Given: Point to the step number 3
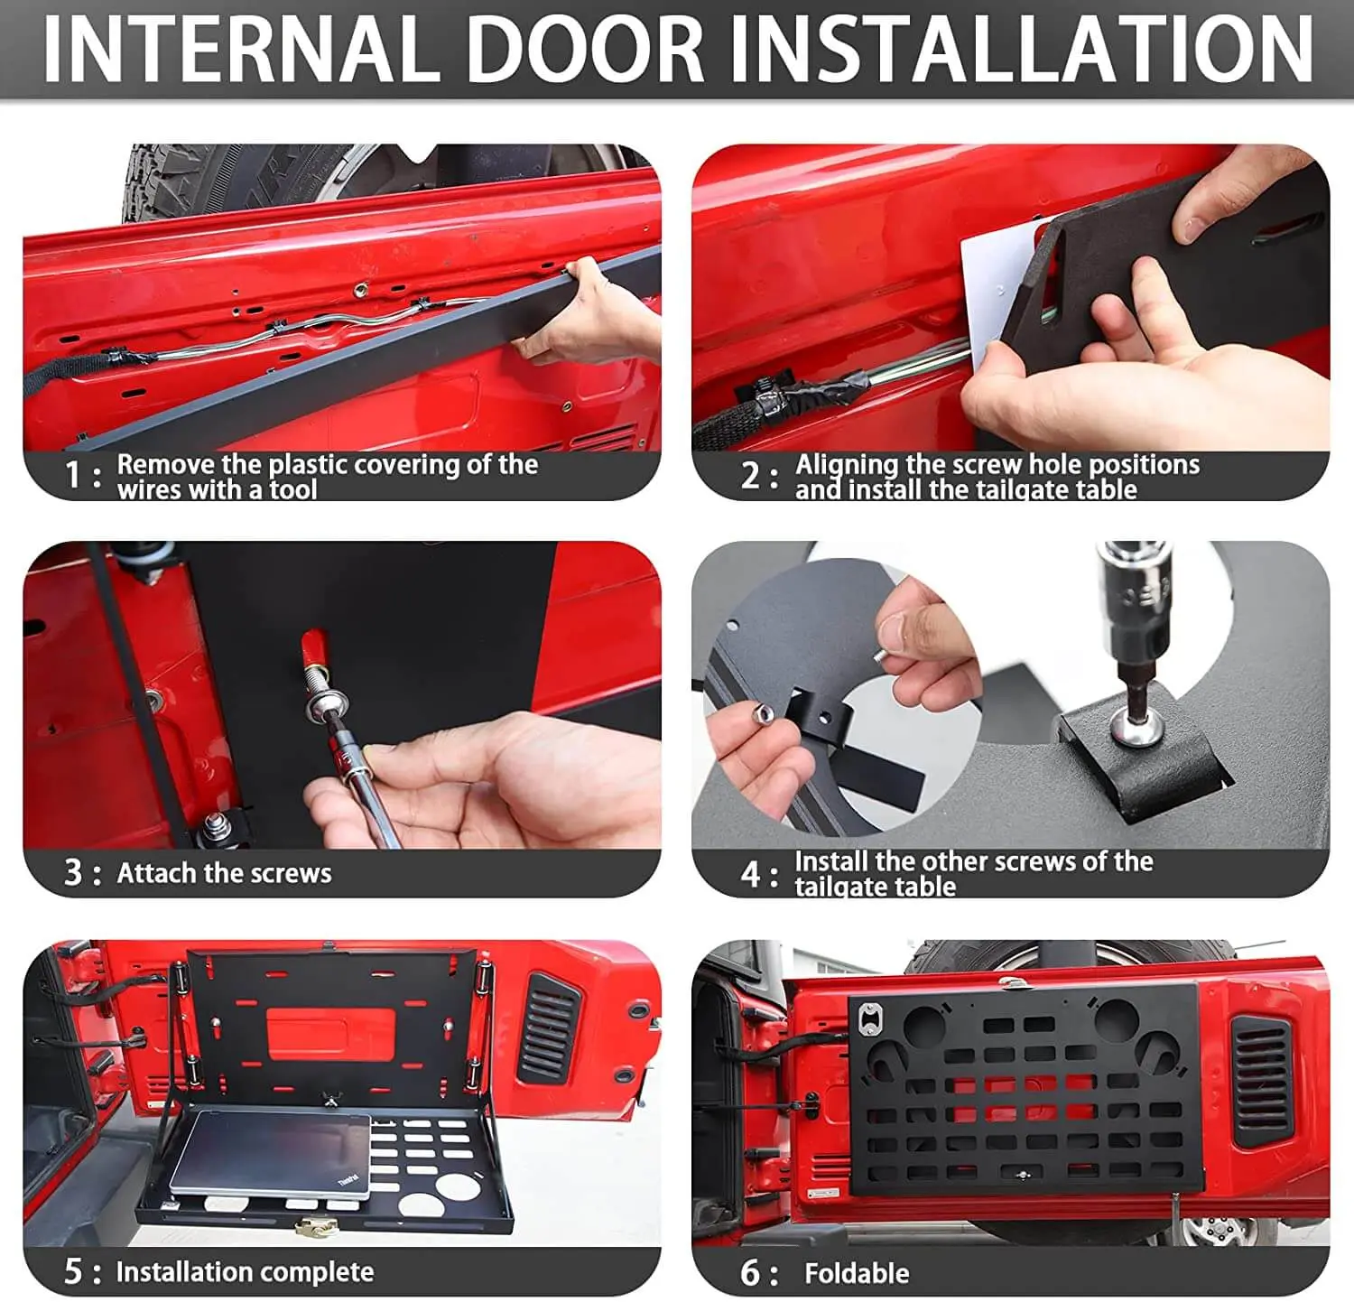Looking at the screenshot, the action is (74, 873).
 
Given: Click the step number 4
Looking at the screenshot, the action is (751, 874).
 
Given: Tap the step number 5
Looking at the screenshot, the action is (74, 1271).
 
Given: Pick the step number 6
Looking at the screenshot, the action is (751, 1273).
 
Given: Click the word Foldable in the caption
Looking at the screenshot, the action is (857, 1273).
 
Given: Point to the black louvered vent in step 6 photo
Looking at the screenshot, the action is (1262, 1081).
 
